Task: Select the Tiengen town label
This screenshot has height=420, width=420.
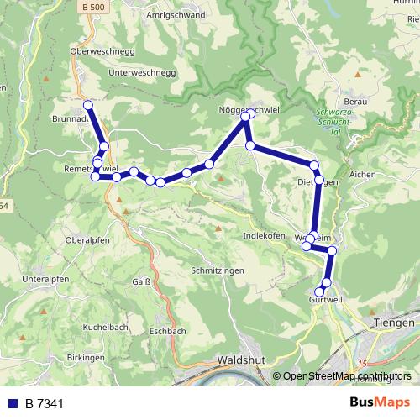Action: pos(393,323)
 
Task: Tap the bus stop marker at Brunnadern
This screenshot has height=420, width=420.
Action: pos(87,106)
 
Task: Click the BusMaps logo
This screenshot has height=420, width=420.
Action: pos(379,402)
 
